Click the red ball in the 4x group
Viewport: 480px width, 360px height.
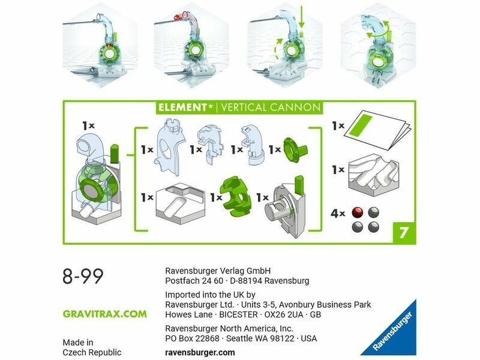click(x=358, y=212)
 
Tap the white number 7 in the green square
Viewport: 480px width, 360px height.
click(x=404, y=232)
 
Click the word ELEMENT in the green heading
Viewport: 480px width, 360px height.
click(x=182, y=107)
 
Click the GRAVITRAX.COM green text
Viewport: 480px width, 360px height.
click(x=104, y=314)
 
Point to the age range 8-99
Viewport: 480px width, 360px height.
click(x=83, y=276)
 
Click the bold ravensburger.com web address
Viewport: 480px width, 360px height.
click(x=200, y=352)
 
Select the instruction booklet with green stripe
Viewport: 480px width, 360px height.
click(x=377, y=130)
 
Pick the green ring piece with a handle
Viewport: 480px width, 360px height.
click(x=295, y=149)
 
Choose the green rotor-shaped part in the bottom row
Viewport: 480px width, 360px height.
click(x=236, y=196)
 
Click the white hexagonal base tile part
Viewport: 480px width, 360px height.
click(x=180, y=203)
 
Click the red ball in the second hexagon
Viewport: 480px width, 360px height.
click(x=177, y=17)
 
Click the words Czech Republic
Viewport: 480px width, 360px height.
click(x=92, y=352)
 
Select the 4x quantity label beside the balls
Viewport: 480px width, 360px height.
click(x=338, y=213)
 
